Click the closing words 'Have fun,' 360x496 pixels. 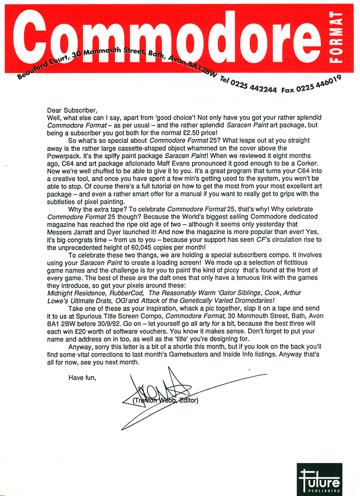tap(82, 377)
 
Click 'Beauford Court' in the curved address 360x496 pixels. tap(41, 69)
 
